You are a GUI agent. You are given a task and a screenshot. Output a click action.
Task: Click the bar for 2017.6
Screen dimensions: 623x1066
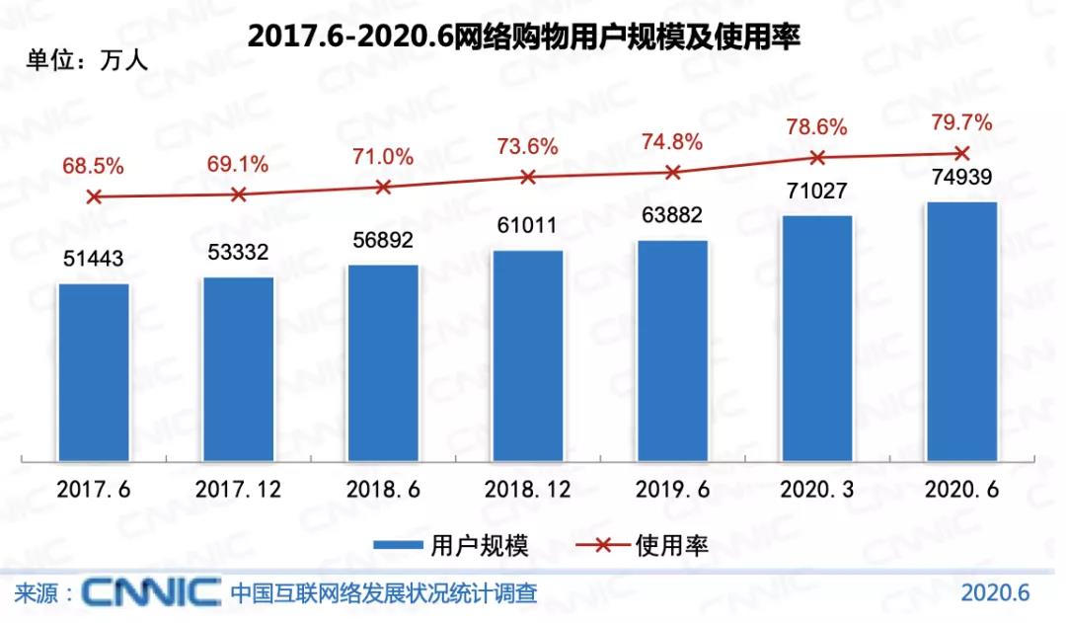94,372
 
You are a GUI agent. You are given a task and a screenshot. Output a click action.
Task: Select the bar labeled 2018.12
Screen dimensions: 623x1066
528,355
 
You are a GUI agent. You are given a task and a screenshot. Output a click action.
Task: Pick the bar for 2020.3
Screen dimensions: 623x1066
816,338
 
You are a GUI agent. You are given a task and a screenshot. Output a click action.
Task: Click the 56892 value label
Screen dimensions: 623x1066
381,240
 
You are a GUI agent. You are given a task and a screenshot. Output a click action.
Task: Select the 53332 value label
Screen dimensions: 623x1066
237,253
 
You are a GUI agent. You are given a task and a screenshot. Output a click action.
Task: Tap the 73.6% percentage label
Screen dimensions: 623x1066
528,146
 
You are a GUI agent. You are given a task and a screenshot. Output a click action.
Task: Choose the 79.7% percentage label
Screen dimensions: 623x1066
961,123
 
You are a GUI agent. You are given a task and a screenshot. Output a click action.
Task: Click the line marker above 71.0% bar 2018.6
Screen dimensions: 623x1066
383,187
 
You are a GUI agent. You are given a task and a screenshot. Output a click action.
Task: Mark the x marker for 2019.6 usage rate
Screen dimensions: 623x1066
673,172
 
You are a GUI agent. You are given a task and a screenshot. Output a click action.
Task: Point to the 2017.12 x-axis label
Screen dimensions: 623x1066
238,490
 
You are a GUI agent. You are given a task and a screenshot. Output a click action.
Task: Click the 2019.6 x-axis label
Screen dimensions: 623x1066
671,490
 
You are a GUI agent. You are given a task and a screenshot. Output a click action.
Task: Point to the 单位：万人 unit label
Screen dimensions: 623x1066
87,61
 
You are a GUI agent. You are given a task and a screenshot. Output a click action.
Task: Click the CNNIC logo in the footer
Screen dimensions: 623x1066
151,592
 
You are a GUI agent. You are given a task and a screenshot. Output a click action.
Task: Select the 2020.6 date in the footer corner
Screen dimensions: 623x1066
995,593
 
